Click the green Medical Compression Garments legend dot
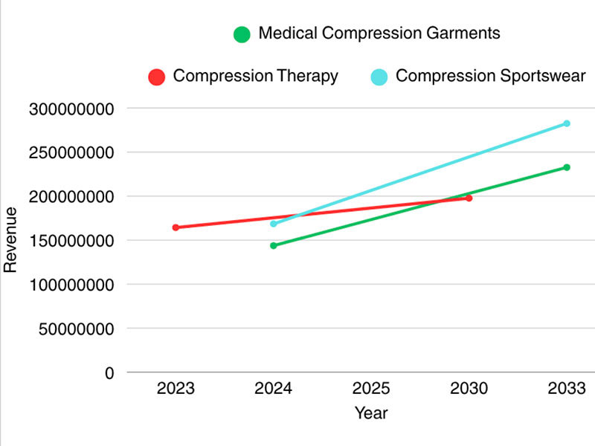click(x=241, y=34)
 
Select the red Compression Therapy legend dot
click(x=156, y=77)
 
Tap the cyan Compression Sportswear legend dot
click(x=379, y=77)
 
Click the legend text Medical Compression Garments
click(x=379, y=33)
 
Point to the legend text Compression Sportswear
click(x=491, y=76)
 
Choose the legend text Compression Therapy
click(x=255, y=76)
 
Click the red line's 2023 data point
click(x=176, y=227)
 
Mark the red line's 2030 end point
click(x=469, y=198)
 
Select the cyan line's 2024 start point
click(x=273, y=223)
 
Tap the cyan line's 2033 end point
click(x=566, y=123)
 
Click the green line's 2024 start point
click(x=273, y=245)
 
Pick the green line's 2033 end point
click(x=566, y=167)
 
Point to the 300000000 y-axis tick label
click(x=71, y=109)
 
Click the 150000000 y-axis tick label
click(x=71, y=241)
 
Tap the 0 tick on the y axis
click(x=109, y=372)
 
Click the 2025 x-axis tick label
click(x=371, y=388)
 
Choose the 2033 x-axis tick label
click(x=566, y=388)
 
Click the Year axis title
click(x=370, y=413)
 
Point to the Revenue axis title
click(x=10, y=240)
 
